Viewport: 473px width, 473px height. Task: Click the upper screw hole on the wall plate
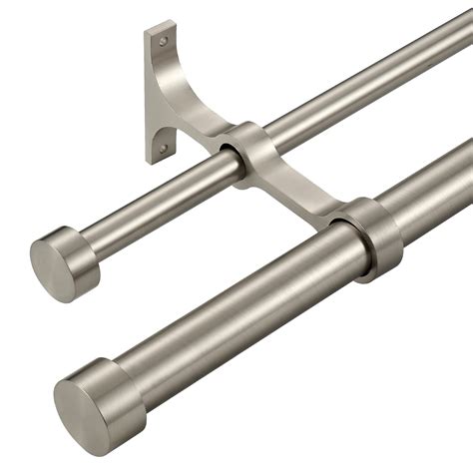pyautogui.click(x=161, y=42)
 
